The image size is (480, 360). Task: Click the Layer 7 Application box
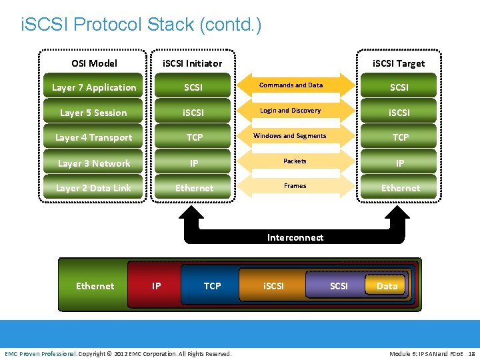pyautogui.click(x=93, y=87)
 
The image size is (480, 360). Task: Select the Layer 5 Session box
pyautogui.click(x=93, y=113)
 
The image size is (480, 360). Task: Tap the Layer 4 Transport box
pyautogui.click(x=93, y=137)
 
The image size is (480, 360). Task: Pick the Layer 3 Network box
pyautogui.click(x=93, y=163)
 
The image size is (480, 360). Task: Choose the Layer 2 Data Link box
pyautogui.click(x=93, y=188)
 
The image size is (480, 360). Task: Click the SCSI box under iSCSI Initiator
pyautogui.click(x=193, y=87)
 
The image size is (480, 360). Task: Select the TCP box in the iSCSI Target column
pyautogui.click(x=400, y=137)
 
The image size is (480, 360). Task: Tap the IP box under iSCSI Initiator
pyautogui.click(x=193, y=163)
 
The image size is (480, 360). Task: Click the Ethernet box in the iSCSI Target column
pyautogui.click(x=400, y=188)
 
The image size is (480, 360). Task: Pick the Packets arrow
pyautogui.click(x=295, y=161)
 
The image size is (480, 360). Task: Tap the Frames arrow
pyautogui.click(x=295, y=186)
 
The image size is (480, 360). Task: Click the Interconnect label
pyautogui.click(x=295, y=237)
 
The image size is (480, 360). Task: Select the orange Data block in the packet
pyautogui.click(x=387, y=286)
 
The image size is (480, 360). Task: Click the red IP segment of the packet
pyautogui.click(x=156, y=286)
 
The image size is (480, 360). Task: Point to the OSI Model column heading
pyautogui.click(x=94, y=63)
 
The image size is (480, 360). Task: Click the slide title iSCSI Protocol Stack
pyautogui.click(x=141, y=25)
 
